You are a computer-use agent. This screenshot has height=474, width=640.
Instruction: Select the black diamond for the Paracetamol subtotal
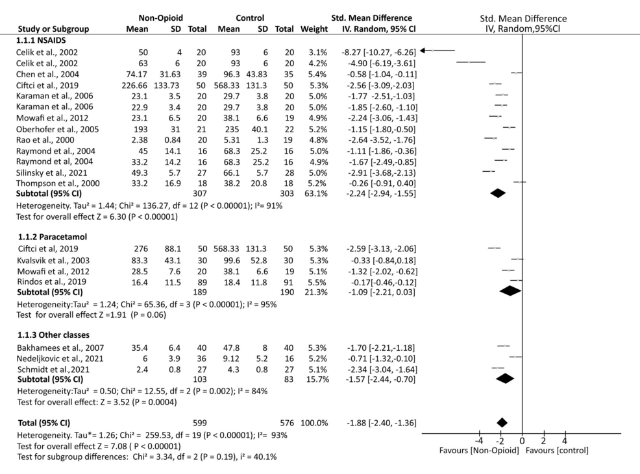[511, 291]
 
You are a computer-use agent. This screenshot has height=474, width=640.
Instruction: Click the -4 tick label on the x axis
[480, 441]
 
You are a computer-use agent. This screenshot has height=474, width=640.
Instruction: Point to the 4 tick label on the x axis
[565, 441]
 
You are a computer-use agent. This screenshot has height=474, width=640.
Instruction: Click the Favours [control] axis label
[558, 451]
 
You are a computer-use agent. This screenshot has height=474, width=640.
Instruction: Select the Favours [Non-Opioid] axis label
[479, 451]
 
